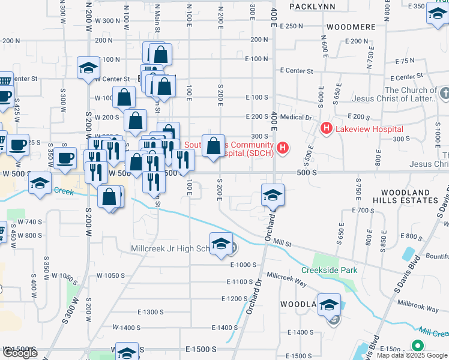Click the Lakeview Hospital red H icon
tap(327, 128)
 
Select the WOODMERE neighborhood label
tap(351, 27)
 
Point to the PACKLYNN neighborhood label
tap(311, 6)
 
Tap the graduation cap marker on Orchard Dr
tap(273, 195)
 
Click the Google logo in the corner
tap(20, 353)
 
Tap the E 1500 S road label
tap(200, 349)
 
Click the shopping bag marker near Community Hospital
tap(213, 146)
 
